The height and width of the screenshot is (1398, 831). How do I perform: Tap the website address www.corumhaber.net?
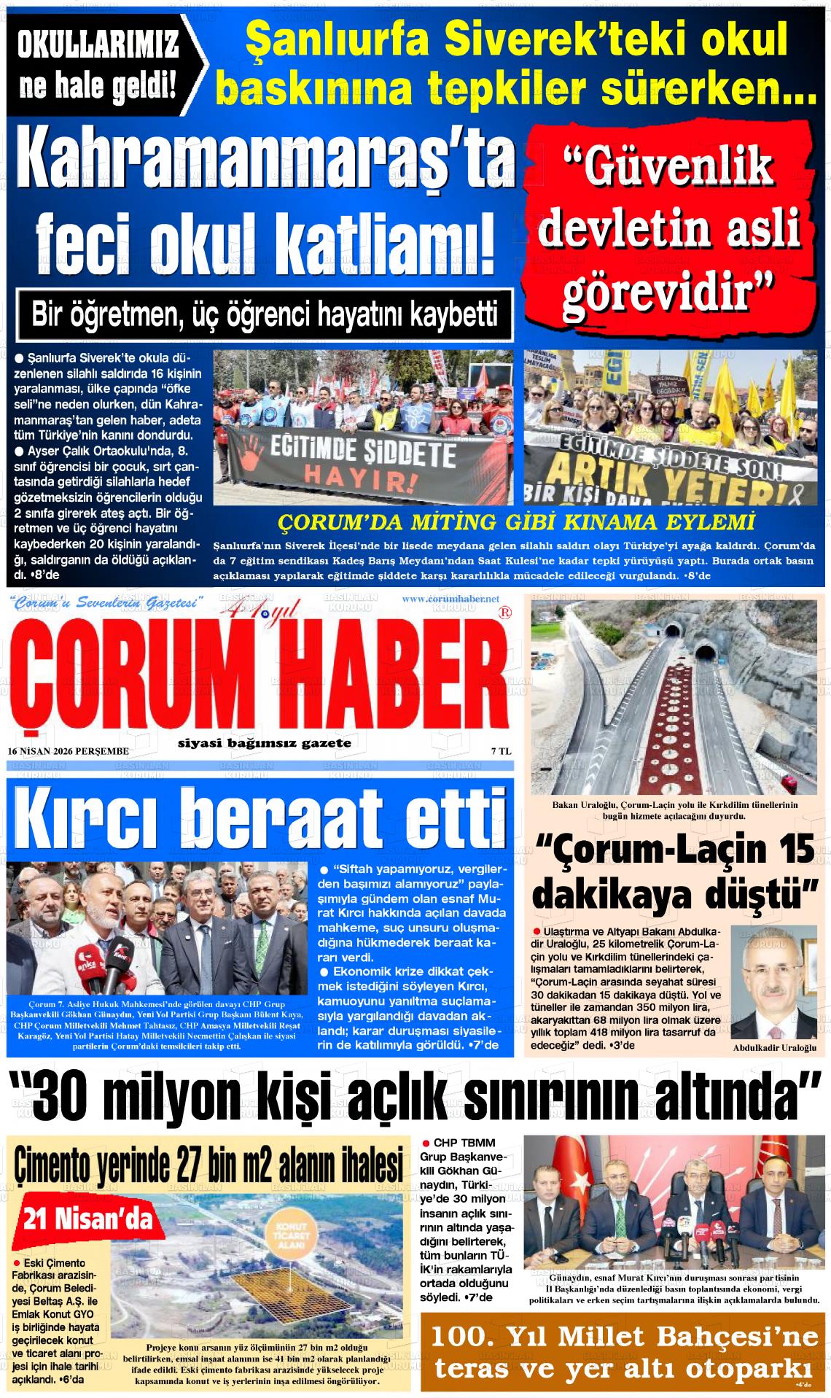[x=450, y=599]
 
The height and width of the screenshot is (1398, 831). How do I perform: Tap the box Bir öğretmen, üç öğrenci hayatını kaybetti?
[x=264, y=315]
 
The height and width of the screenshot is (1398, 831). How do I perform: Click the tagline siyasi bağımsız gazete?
[x=264, y=743]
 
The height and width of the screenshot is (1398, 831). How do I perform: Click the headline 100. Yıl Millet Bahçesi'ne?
[x=625, y=1337]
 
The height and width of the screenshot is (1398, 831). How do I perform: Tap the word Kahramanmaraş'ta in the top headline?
[x=270, y=159]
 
